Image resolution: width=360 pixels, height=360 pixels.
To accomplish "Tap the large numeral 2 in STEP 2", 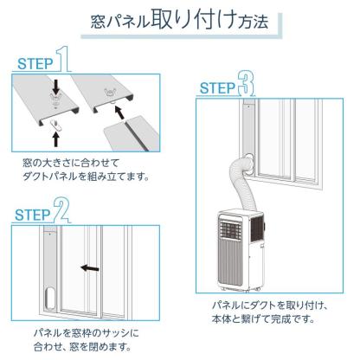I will coord(61,208).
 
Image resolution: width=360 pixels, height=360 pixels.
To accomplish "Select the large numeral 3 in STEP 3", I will coord(249,85).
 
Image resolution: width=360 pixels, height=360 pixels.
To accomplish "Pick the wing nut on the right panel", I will coord(114,87).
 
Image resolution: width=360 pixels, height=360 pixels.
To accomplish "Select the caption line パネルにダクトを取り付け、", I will coord(269,305).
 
